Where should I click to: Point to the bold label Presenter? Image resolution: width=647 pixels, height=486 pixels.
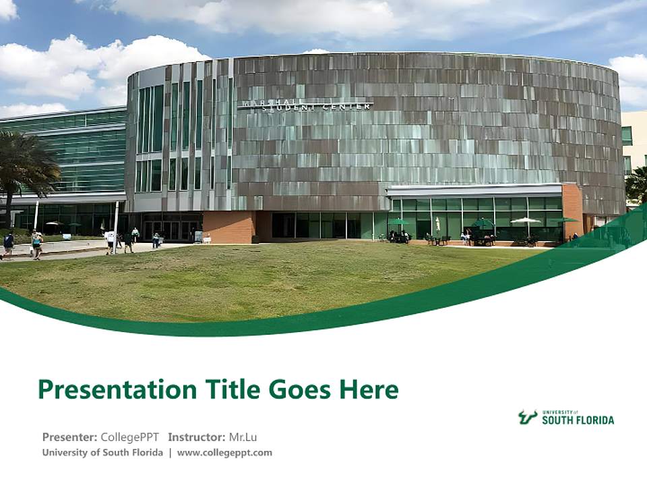[69, 437]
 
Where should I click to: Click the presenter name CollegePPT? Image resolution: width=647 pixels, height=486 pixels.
[129, 437]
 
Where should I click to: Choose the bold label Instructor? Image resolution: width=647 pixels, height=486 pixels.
[197, 437]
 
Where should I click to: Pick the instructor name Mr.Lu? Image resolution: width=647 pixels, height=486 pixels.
[243, 437]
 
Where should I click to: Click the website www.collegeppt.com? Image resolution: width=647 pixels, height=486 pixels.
[224, 453]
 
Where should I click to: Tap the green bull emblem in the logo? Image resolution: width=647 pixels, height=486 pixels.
[528, 417]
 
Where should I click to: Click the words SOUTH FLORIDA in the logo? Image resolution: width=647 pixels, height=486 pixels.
[578, 420]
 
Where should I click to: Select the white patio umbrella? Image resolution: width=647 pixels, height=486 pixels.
[526, 221]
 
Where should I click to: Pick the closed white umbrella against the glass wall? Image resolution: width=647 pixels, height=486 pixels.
[437, 225]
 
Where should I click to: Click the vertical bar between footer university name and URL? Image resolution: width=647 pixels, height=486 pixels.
[170, 453]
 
